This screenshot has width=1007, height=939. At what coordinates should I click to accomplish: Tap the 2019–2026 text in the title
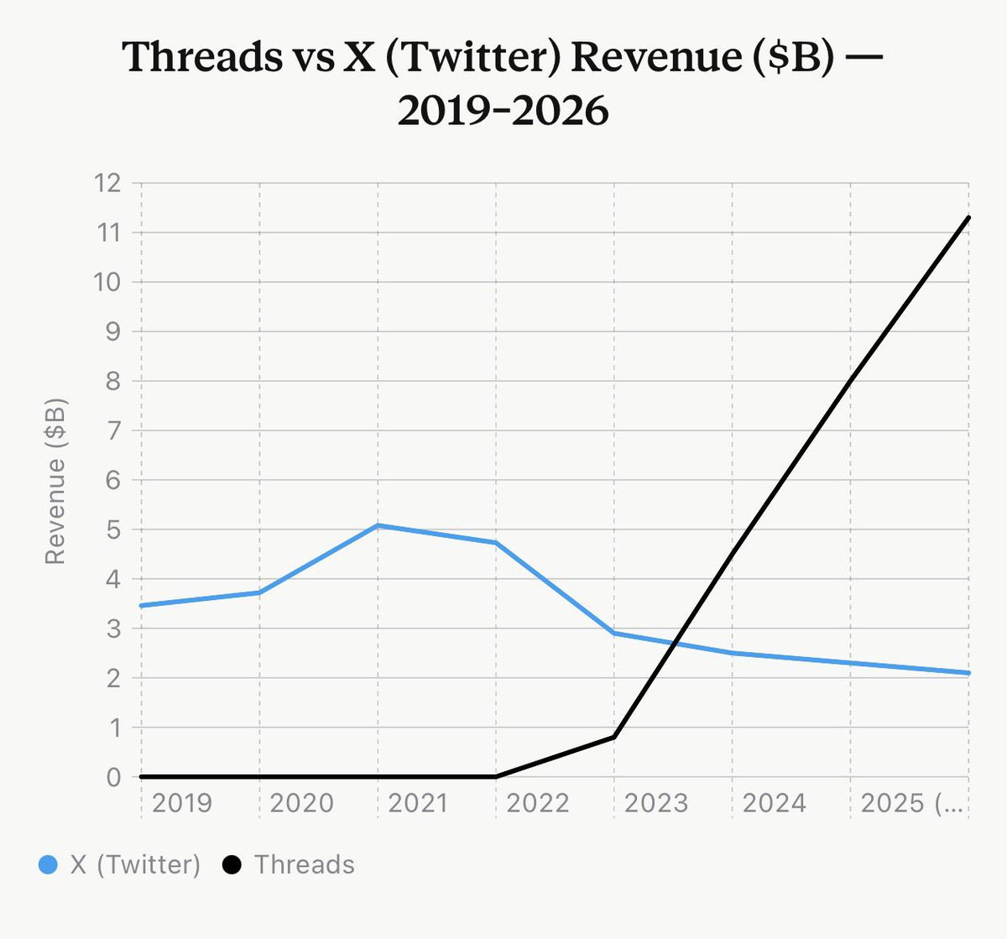(503, 110)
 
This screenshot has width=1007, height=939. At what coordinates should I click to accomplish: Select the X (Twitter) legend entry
(135, 864)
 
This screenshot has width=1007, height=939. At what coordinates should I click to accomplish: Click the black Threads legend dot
(232, 864)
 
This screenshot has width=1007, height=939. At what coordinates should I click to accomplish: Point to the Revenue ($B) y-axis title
(55, 481)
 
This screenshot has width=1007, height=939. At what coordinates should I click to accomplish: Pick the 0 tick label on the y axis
(113, 777)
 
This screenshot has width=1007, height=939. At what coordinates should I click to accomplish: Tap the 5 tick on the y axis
(113, 529)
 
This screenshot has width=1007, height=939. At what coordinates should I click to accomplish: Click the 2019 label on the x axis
(182, 803)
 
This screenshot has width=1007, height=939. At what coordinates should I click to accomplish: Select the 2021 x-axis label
(418, 803)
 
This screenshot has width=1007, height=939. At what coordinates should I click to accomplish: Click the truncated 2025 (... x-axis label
(913, 803)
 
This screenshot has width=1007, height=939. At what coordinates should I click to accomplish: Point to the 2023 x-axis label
(655, 803)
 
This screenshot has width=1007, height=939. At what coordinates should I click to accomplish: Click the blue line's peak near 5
(378, 525)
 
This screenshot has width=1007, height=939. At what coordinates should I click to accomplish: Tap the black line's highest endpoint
(968, 217)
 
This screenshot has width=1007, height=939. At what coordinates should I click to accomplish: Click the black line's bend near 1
(614, 737)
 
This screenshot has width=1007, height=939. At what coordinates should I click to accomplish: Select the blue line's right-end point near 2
(968, 673)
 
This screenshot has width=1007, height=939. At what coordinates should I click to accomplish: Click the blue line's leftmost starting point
(141, 605)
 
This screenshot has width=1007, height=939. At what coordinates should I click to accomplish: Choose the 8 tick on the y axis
(113, 381)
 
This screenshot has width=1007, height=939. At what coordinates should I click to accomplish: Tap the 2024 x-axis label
(774, 803)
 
